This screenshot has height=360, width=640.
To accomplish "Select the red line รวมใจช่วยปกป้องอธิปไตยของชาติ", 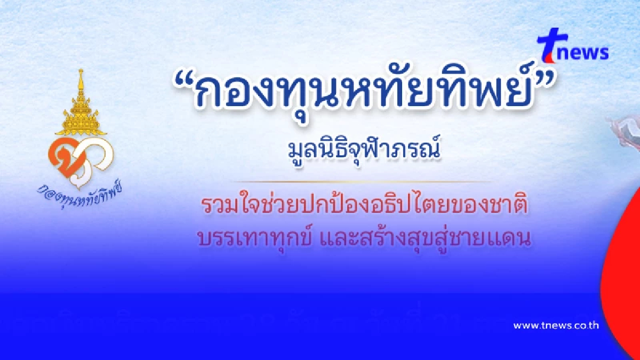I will [366, 205].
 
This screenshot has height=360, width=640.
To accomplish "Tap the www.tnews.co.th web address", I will [556, 325].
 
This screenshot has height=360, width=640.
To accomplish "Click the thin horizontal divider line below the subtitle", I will [368, 181].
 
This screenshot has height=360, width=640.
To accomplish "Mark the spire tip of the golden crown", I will [81, 72].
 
